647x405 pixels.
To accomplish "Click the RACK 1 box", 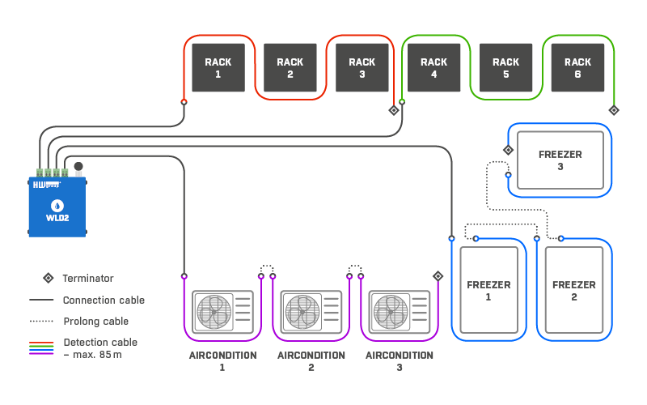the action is (218, 68).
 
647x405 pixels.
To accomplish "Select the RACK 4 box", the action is (433, 68).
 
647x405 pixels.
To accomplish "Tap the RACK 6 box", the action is (577, 68).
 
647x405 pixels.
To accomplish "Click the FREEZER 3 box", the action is (560, 160).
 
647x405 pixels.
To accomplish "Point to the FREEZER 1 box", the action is (488, 290).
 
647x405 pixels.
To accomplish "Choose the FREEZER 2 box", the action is (574, 290).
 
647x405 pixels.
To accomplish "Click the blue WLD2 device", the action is (57, 207).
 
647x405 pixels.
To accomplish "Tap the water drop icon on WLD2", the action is (57, 206).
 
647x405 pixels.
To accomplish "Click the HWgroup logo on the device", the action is (47, 185).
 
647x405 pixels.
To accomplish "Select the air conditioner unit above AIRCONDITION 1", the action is (223, 312).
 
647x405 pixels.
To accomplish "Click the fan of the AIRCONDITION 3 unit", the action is (391, 312).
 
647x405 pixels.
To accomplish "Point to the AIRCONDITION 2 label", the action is (311, 361).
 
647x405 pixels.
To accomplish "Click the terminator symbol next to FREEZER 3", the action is (509, 150).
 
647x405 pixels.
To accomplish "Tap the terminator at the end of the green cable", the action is (614, 110).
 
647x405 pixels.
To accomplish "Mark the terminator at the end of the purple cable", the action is (438, 276).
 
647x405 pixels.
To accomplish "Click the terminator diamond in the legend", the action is (49, 278).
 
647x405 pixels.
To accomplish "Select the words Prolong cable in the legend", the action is (95, 321).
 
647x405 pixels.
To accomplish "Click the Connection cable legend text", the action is (104, 300).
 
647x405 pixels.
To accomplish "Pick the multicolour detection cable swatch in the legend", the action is (41, 348).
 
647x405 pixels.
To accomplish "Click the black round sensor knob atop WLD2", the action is (78, 167).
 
